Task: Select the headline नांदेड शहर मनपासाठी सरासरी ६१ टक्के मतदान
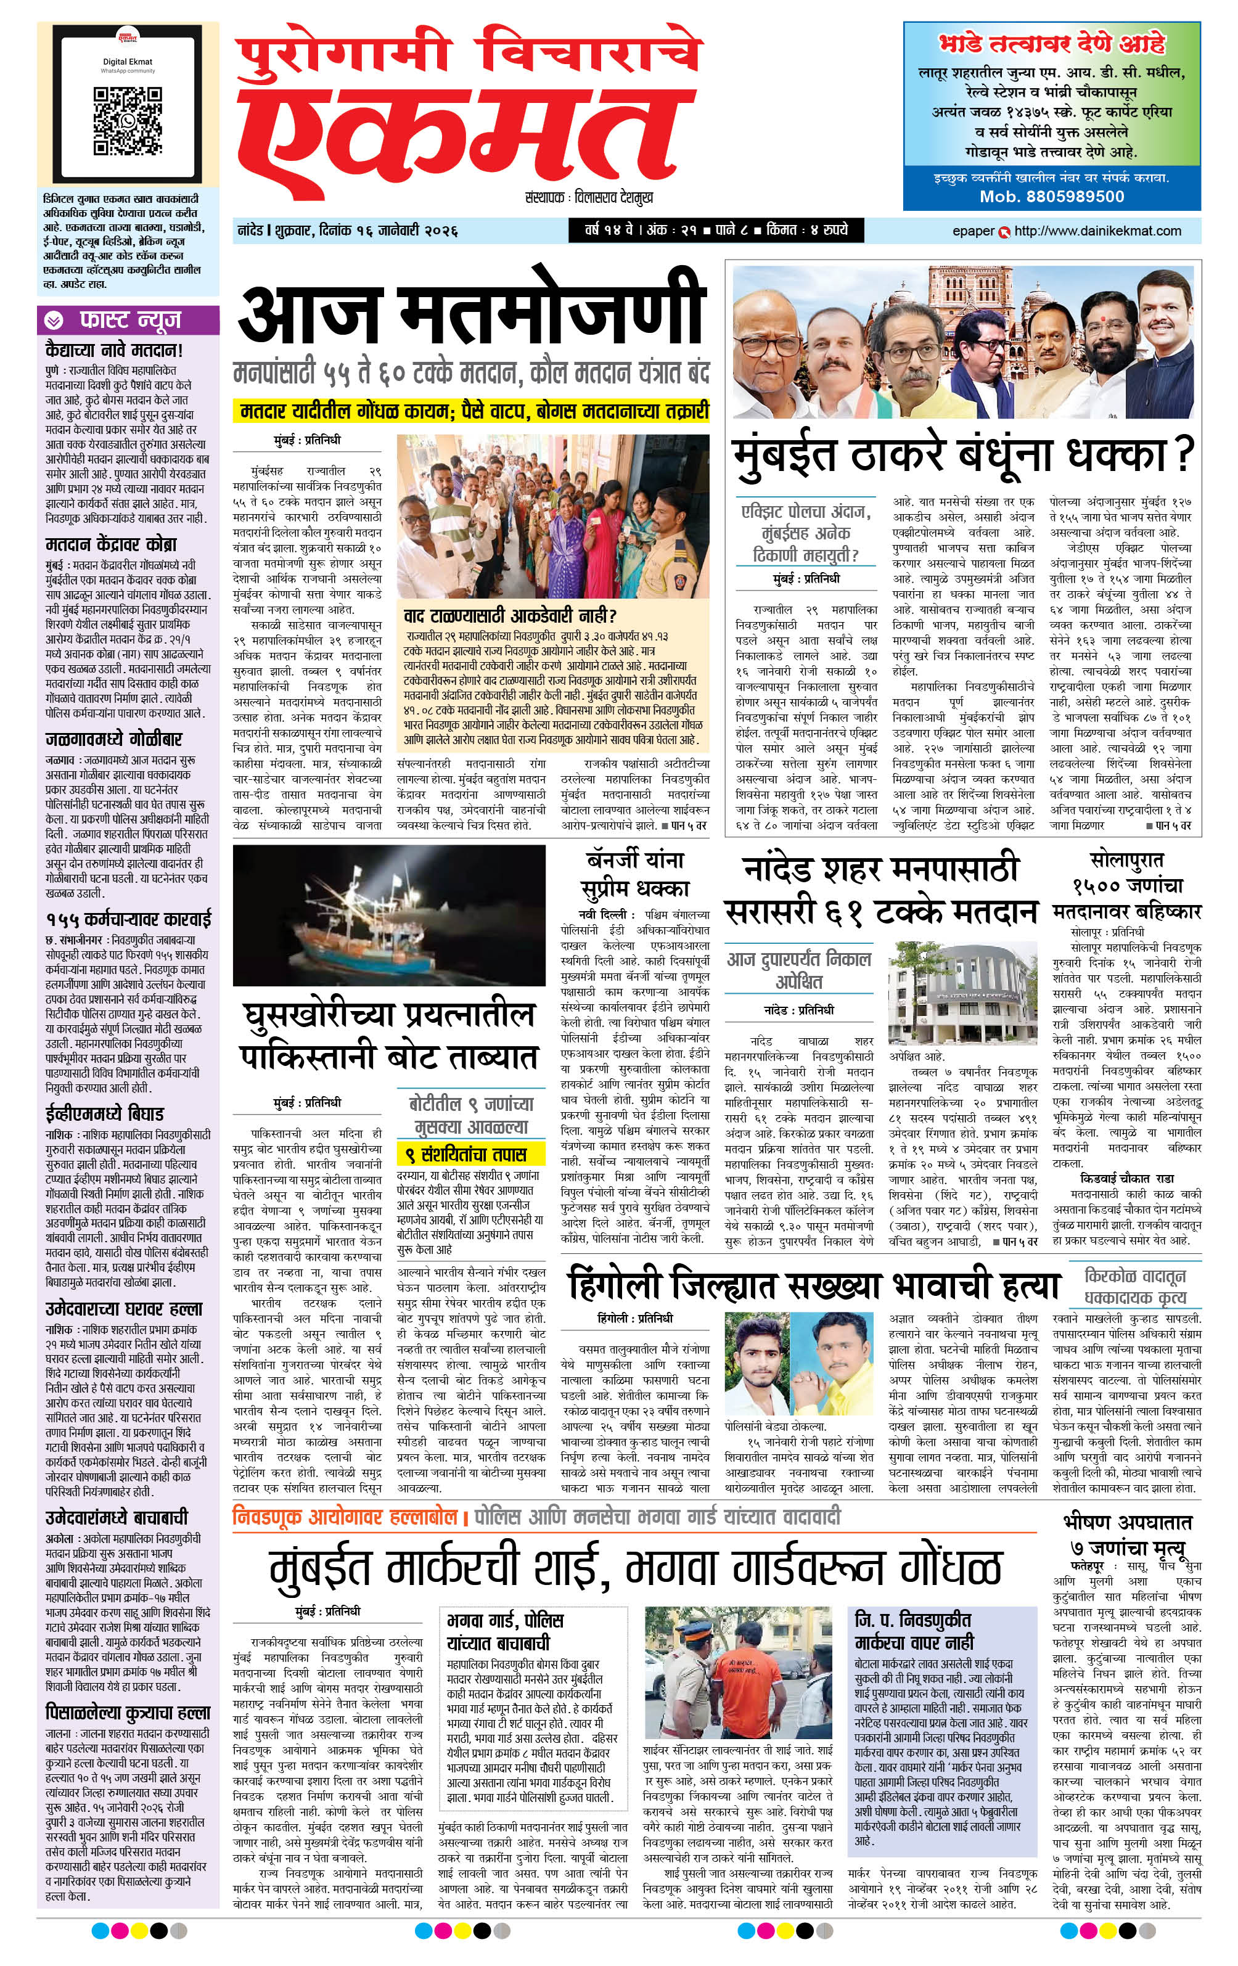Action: point(881,891)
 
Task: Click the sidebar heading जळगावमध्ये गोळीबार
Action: point(113,740)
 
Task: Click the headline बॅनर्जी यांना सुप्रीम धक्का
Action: point(635,874)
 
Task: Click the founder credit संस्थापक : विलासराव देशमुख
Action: point(589,197)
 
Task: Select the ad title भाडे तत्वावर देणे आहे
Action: point(1052,44)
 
